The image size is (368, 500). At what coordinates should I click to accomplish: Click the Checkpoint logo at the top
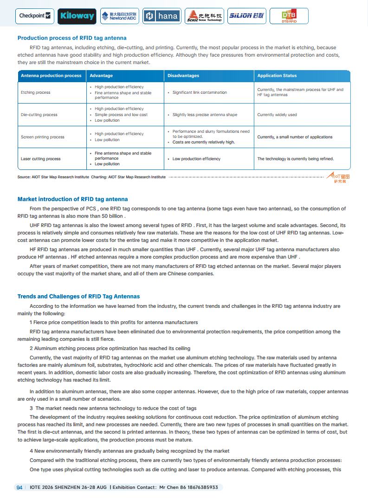click(x=35, y=16)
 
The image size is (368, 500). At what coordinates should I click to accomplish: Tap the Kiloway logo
click(x=77, y=16)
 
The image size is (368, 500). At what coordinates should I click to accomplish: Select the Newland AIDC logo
click(x=119, y=16)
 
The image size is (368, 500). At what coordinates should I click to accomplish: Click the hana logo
click(x=161, y=16)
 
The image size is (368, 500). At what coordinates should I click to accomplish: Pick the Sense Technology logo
click(x=204, y=16)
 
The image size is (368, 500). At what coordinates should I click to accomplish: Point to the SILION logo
click(x=246, y=16)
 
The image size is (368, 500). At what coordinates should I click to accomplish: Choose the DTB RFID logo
click(x=289, y=16)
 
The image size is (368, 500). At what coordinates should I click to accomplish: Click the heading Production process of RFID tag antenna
click(x=72, y=38)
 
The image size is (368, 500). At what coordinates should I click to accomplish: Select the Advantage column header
click(x=101, y=76)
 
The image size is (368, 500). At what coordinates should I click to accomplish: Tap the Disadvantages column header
click(x=183, y=76)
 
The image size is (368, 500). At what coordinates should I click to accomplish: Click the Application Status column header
click(x=277, y=76)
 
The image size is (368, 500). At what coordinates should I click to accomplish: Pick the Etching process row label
click(x=36, y=92)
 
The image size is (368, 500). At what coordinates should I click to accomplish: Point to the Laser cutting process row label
click(x=40, y=159)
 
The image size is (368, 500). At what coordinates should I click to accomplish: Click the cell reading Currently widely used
click(x=277, y=115)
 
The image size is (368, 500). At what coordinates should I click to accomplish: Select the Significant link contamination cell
click(x=200, y=92)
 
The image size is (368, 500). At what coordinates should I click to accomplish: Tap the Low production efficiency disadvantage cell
click(x=196, y=159)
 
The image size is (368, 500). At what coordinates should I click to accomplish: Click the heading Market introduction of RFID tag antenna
click(x=72, y=199)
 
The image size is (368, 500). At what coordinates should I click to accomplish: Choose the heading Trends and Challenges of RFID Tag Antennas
click(x=78, y=296)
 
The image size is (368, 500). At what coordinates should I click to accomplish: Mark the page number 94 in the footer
click(x=19, y=487)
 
